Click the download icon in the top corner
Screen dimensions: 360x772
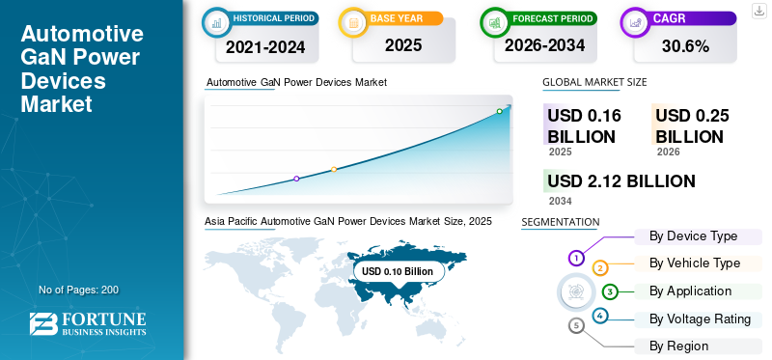point(758,10)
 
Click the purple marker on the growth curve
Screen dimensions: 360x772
point(296,179)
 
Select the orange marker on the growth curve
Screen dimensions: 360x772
point(334,170)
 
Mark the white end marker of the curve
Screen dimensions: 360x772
point(500,112)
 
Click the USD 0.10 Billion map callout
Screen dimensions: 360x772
point(398,271)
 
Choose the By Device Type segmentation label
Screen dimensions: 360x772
point(693,236)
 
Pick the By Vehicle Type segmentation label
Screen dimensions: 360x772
point(695,263)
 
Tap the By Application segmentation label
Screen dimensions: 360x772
point(690,291)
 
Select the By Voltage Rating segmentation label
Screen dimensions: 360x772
point(700,318)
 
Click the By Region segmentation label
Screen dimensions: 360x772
point(678,346)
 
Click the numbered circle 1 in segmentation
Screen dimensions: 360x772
point(576,258)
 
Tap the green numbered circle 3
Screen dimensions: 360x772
point(610,291)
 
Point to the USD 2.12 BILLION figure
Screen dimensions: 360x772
point(620,180)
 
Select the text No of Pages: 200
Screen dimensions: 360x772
point(78,290)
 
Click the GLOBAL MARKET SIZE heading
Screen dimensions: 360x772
point(594,83)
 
